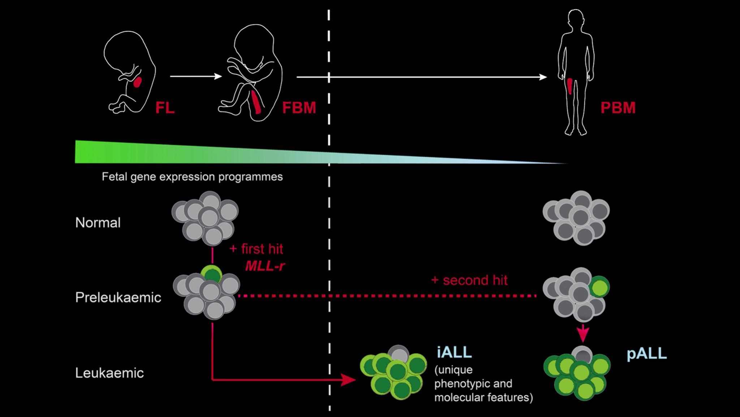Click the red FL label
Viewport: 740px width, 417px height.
click(165, 108)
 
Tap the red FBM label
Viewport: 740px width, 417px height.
click(299, 108)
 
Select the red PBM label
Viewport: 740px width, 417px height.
click(618, 108)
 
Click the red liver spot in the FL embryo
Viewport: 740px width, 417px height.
click(138, 82)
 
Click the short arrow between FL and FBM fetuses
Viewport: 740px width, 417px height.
click(195, 76)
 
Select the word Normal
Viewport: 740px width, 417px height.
click(98, 223)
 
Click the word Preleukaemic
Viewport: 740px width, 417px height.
click(118, 298)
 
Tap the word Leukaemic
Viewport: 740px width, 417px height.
click(109, 373)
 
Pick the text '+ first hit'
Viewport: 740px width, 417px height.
click(256, 249)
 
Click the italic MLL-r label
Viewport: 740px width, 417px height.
click(265, 266)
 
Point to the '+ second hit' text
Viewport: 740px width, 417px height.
click(469, 280)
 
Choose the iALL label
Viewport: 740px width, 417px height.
click(454, 352)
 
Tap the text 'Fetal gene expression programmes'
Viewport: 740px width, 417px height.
click(192, 177)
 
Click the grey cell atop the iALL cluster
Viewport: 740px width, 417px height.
click(399, 353)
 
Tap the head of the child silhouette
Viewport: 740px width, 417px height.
click(575, 19)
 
